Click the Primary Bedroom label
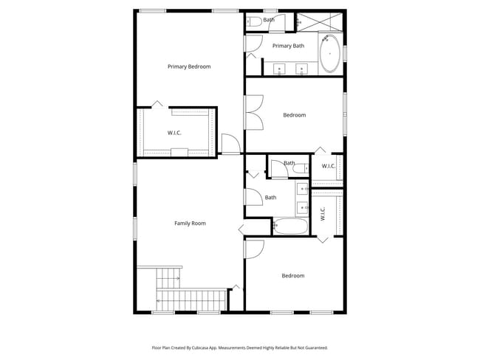[189, 66]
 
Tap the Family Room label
[190, 223]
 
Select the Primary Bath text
[288, 46]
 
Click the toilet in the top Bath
[253, 21]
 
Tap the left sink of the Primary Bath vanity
[280, 69]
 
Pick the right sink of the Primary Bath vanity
[301, 69]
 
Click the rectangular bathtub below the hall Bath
[290, 226]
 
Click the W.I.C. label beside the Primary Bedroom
[174, 133]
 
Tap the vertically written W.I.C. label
[323, 214]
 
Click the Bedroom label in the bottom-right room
[292, 276]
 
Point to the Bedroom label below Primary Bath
[295, 115]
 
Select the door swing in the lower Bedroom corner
[253, 249]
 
